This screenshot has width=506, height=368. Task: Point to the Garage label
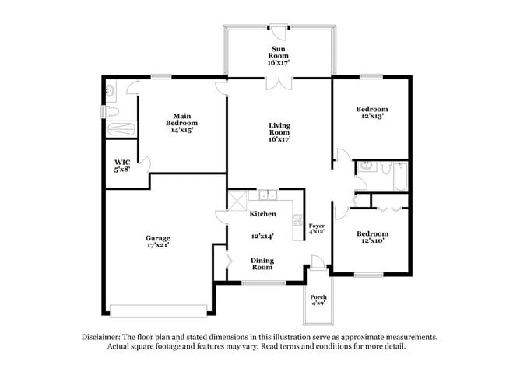[156, 240]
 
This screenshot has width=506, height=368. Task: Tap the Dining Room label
[261, 263]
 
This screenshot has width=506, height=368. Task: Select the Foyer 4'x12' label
[317, 228]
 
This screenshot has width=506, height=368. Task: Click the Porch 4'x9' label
[318, 301]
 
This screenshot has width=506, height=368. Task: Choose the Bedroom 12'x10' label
[371, 237]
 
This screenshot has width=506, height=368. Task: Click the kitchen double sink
[269, 196]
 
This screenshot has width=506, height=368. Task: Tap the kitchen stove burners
[296, 221]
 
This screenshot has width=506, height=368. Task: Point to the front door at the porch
[315, 261]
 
